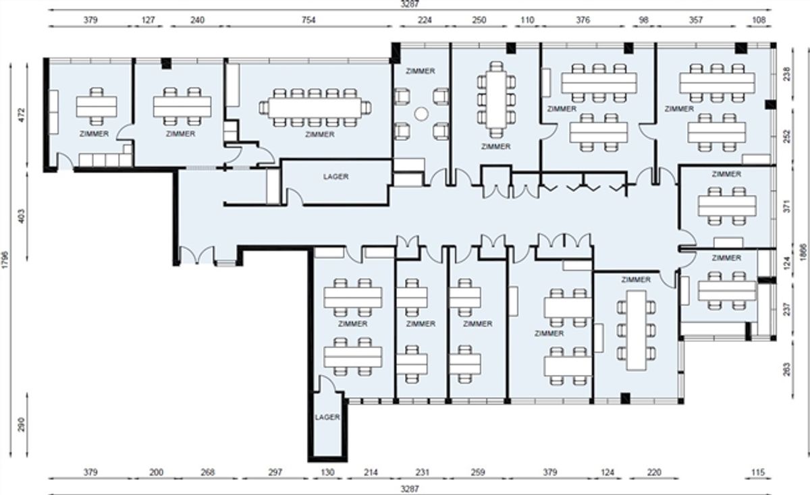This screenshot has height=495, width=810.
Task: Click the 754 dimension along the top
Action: coord(308,20)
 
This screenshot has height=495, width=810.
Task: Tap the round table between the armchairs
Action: coord(421,114)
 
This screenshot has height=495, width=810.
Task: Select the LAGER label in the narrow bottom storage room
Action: coord(327,417)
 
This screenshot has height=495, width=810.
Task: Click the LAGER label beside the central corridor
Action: coord(335,177)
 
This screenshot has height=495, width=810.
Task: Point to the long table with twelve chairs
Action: coord(315,108)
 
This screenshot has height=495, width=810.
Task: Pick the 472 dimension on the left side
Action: coord(22,115)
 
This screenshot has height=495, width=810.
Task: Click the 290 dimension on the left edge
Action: coord(22,425)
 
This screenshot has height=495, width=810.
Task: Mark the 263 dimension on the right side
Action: coord(787,370)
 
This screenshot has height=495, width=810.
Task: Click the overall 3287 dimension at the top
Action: coord(410,4)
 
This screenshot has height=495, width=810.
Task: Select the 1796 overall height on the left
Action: coord(5,260)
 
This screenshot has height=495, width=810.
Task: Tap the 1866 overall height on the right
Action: coord(803,252)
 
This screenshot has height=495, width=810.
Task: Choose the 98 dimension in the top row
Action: coord(644,20)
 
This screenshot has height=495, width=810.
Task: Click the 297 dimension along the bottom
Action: coord(275,472)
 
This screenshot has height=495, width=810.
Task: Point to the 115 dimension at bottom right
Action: coord(758,472)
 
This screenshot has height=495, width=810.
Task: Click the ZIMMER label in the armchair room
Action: coord(420,71)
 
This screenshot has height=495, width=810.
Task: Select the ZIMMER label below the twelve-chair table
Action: coord(320,134)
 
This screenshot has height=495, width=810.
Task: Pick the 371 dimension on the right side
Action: coord(787,206)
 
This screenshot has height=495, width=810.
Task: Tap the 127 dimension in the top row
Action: coord(148,20)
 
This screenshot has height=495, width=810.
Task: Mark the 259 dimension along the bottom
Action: coord(478,472)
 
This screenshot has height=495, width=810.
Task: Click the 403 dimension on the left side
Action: coord(22,216)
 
